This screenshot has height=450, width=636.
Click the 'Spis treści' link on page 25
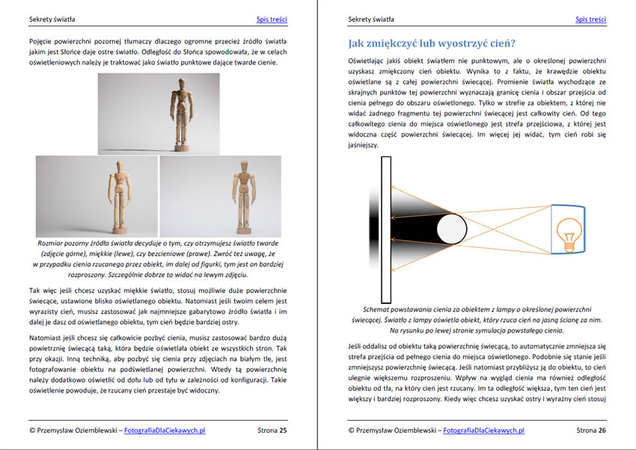[x=272, y=19]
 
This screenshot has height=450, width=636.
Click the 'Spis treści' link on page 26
[x=590, y=19]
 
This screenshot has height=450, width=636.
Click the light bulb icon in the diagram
[x=569, y=230]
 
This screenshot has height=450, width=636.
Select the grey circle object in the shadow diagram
[x=450, y=228]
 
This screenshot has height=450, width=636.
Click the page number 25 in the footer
[x=283, y=431]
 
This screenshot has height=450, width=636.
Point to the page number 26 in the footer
[x=602, y=431]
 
